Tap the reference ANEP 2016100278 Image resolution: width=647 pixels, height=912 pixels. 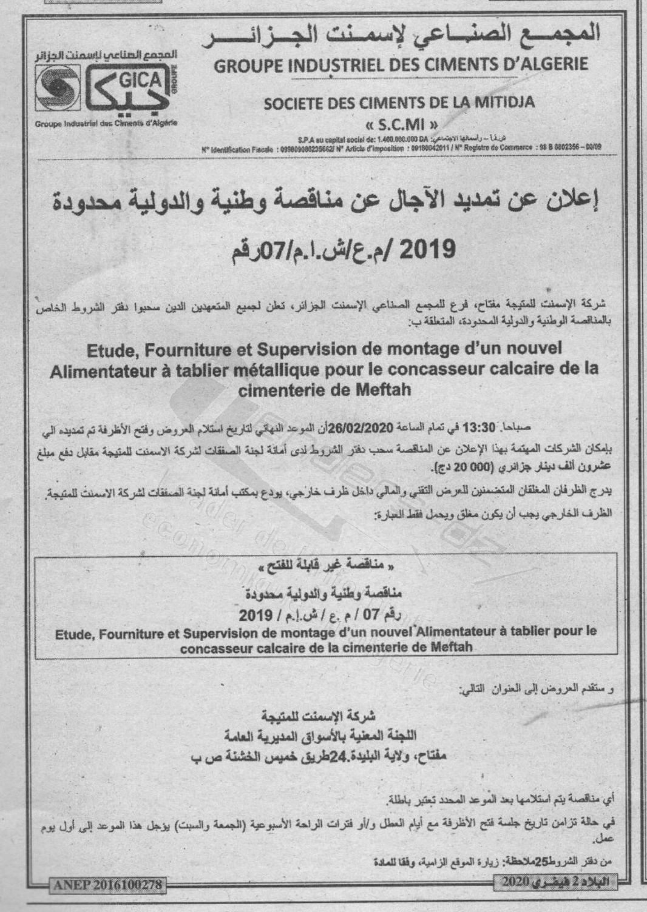tap(107, 885)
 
